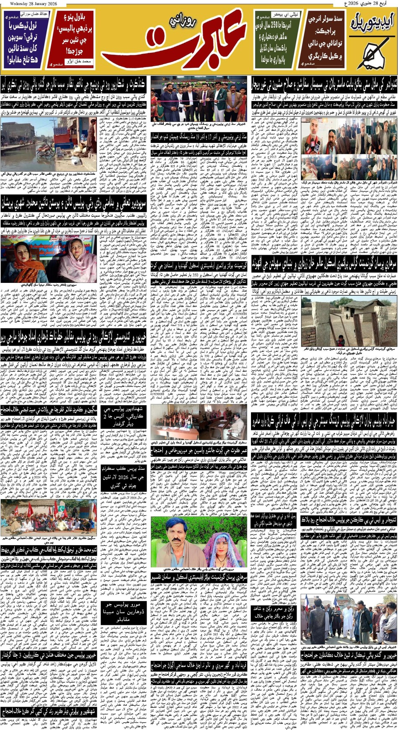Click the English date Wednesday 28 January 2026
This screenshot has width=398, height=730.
click(x=33, y=4)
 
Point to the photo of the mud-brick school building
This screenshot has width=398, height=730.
click(x=349, y=322)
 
